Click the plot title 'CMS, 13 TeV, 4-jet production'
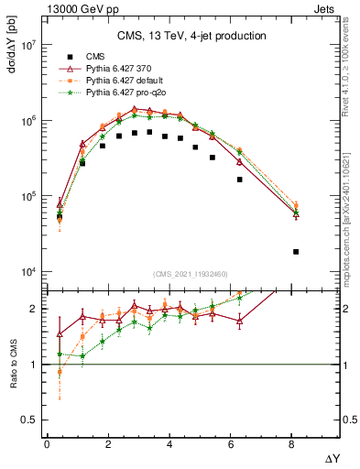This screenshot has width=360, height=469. click(191, 37)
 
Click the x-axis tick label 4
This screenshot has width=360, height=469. click(169, 444)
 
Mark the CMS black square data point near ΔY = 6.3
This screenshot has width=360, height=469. click(239, 180)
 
